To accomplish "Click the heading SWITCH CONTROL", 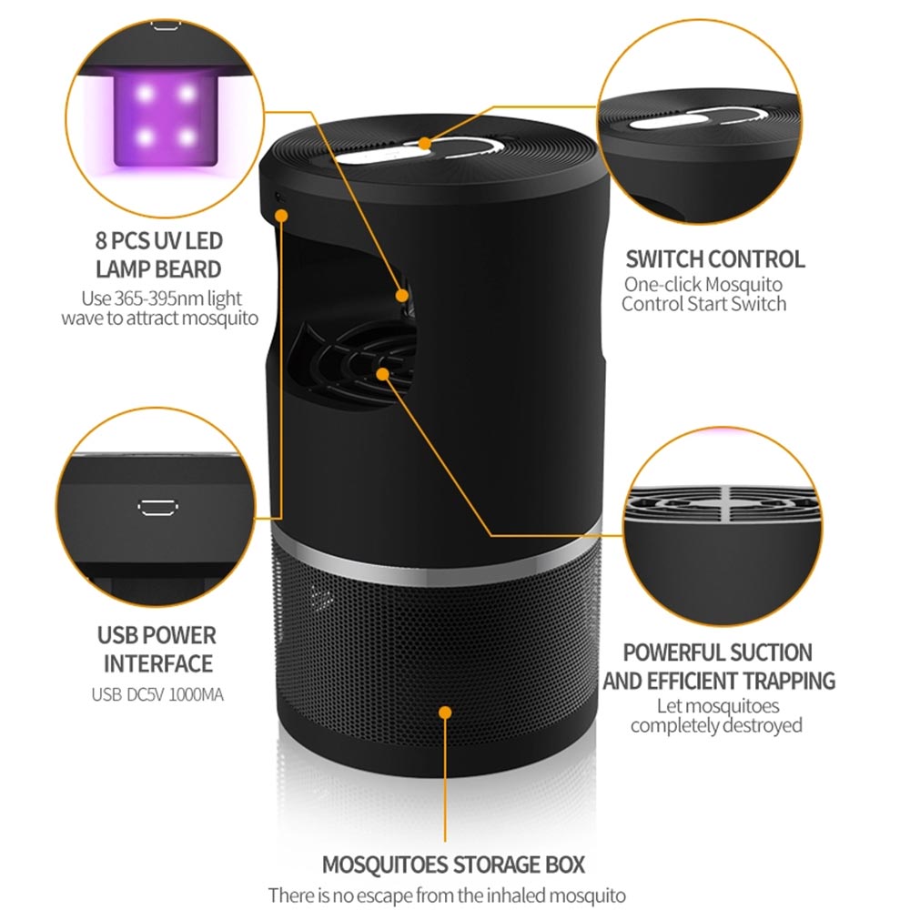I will (714, 258).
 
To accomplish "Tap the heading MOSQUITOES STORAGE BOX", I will (453, 864).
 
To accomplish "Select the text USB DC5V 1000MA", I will (157, 695).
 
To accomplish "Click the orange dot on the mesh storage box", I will (445, 712).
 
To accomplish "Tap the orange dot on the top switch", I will (428, 142).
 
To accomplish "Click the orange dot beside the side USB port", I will (282, 216).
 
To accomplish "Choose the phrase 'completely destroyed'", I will (716, 725).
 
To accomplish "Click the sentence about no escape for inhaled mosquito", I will (447, 895).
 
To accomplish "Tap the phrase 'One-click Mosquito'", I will (703, 284).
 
